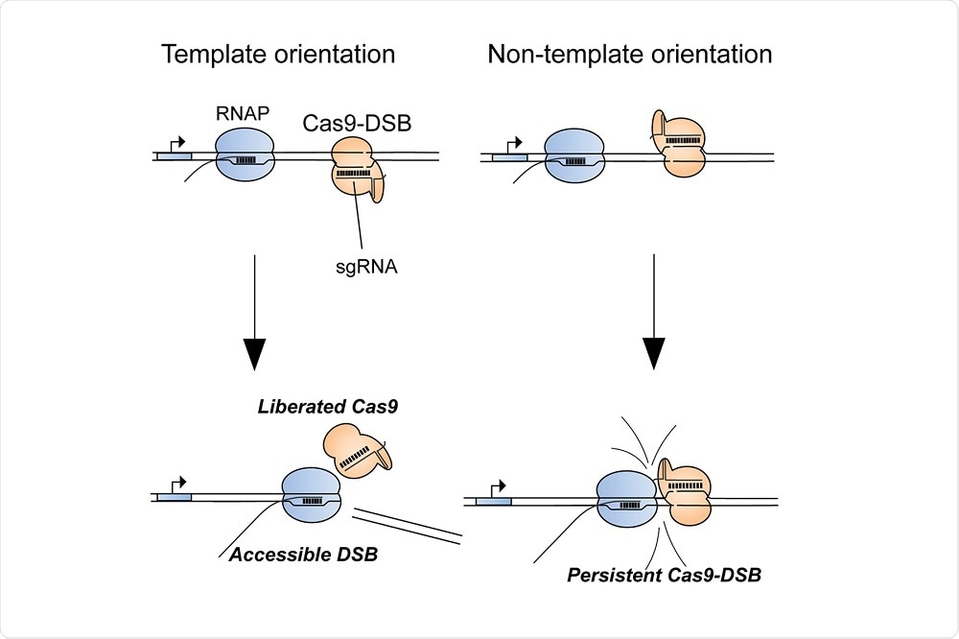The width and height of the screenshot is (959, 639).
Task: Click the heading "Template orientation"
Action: pos(278,54)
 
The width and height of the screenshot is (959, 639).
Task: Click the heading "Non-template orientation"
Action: pos(630,54)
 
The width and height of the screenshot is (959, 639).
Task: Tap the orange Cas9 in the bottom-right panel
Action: pos(683,499)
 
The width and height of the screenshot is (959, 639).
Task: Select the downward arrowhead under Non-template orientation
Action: pos(653,352)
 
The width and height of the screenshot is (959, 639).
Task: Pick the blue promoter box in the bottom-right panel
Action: pos(494,502)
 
